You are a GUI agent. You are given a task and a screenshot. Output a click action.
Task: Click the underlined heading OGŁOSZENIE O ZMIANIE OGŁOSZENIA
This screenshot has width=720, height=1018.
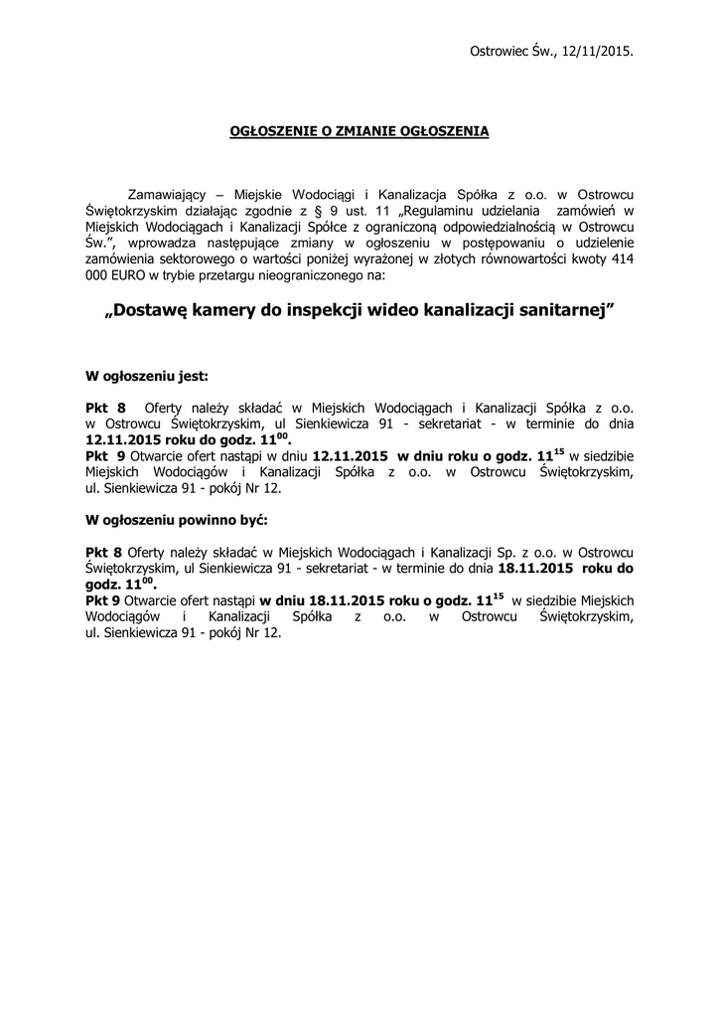360,131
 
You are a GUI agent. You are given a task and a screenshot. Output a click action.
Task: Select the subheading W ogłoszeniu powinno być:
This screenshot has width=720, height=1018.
177,519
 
